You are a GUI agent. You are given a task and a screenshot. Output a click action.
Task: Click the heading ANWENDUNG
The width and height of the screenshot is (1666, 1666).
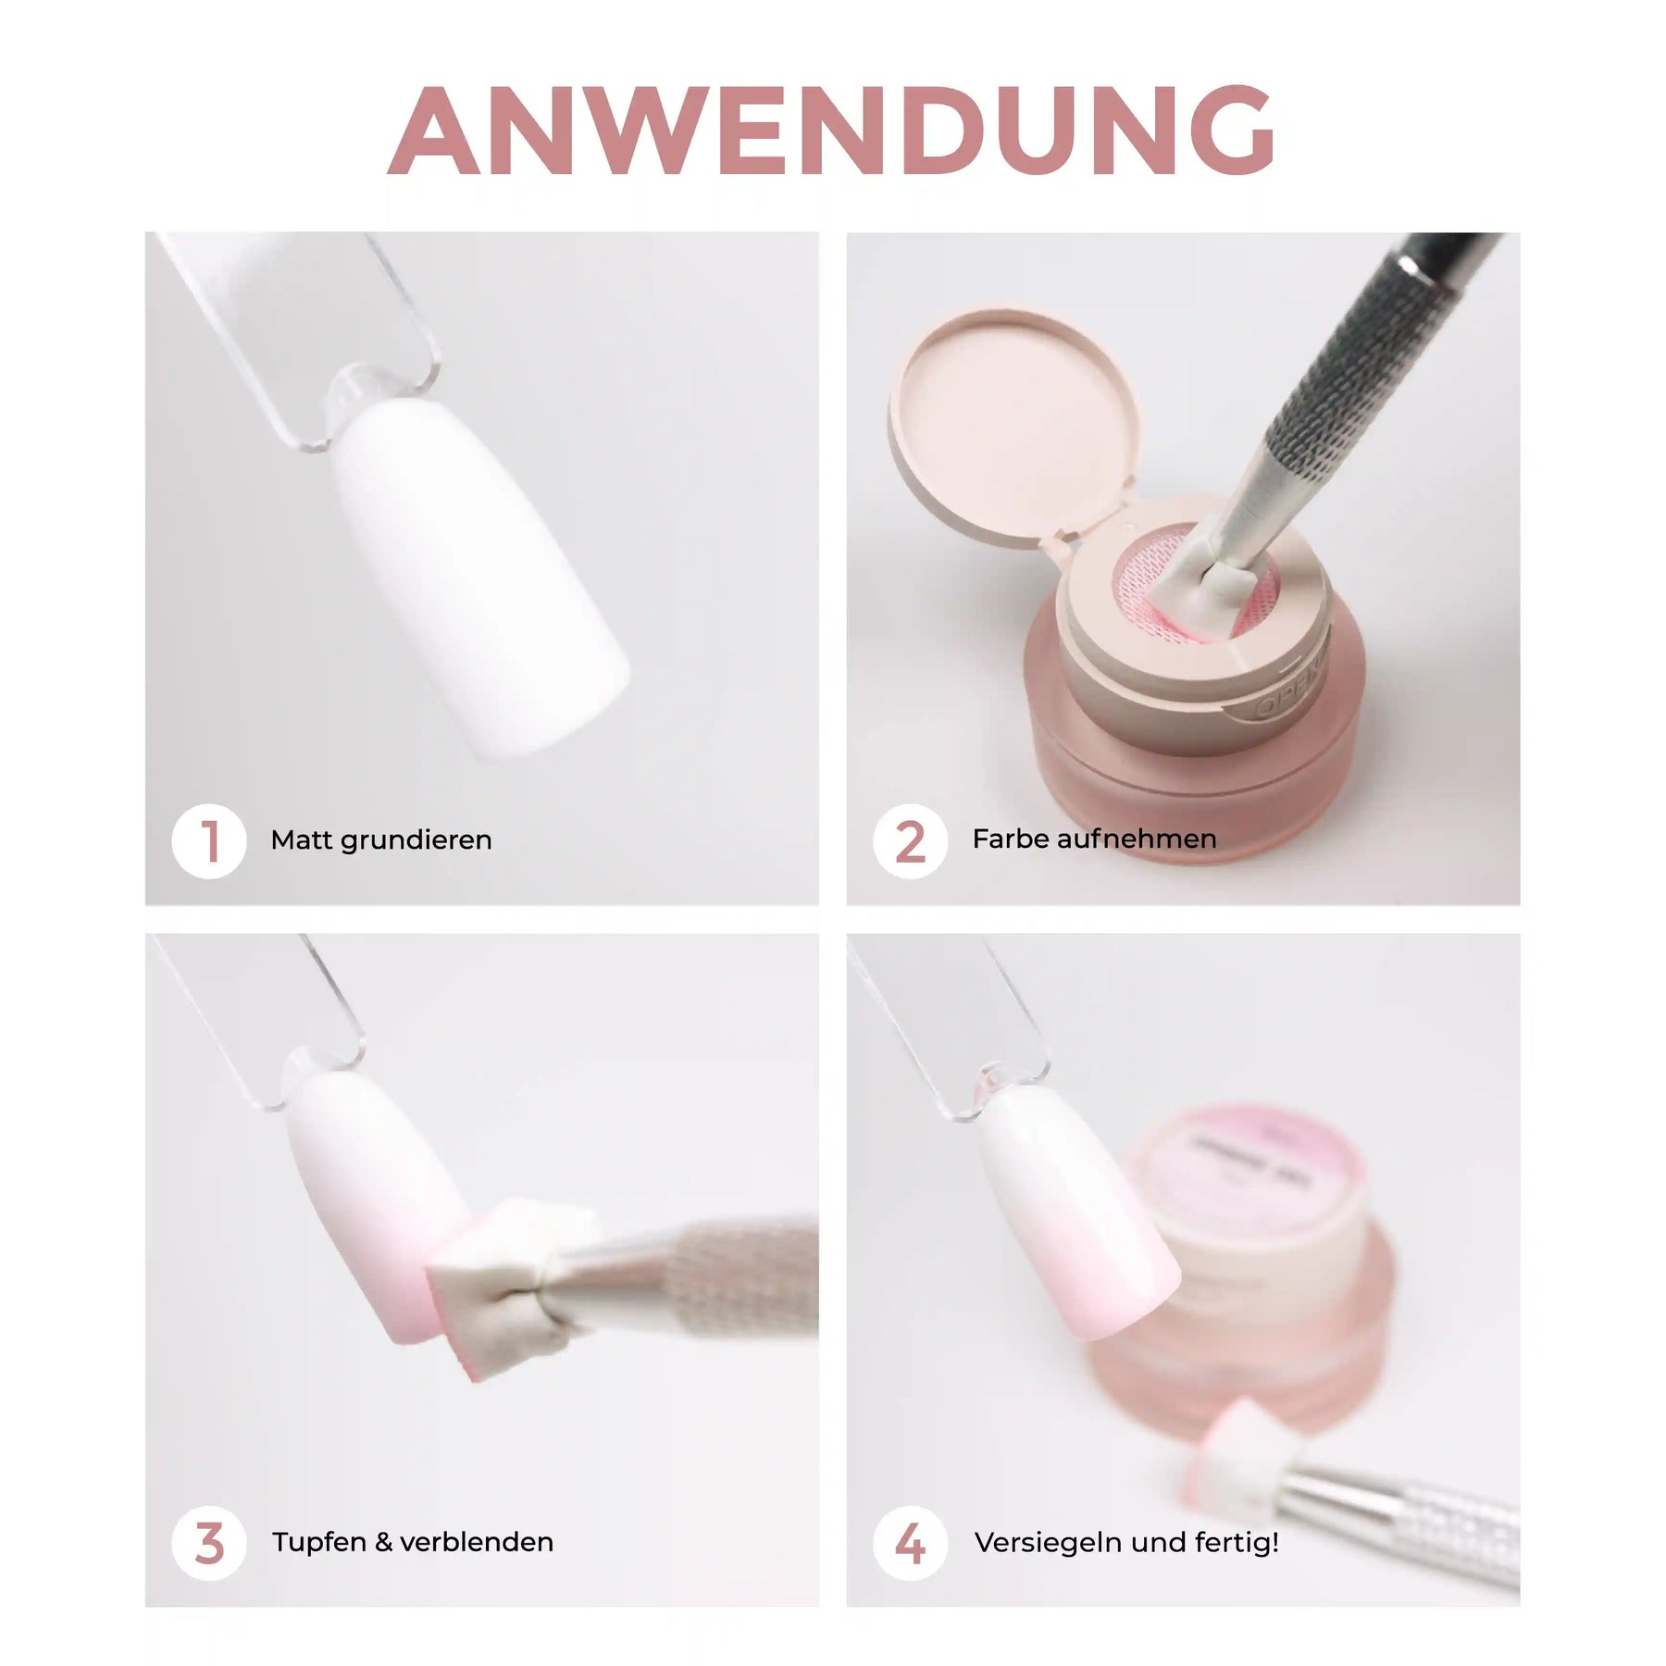click(x=831, y=131)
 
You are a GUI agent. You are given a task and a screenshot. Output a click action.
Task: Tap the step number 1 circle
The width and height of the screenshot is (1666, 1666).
click(x=209, y=841)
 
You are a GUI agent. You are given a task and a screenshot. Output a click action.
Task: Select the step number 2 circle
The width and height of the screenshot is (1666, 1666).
click(x=910, y=841)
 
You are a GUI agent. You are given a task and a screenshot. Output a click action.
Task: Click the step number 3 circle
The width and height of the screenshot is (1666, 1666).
click(x=209, y=1543)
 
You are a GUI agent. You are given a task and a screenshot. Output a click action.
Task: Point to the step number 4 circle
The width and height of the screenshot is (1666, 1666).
click(x=910, y=1543)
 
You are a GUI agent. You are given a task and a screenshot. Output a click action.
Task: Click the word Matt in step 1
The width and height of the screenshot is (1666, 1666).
click(x=301, y=839)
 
